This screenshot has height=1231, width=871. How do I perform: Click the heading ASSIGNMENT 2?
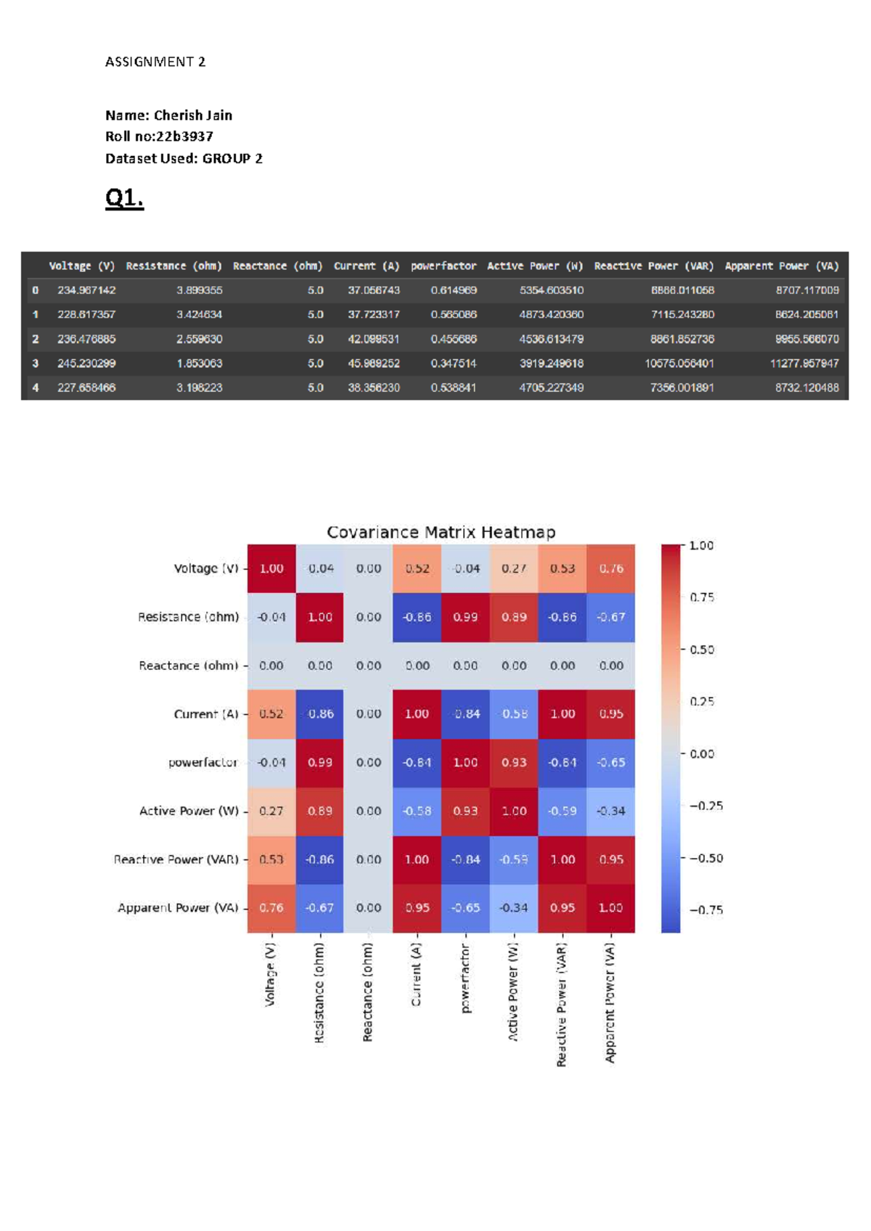tap(155, 62)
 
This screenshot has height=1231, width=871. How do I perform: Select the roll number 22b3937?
tap(185, 136)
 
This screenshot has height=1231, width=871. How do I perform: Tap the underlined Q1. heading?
tap(125, 197)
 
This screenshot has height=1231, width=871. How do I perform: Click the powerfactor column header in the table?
tap(443, 266)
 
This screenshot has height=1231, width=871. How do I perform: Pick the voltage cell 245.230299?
tap(86, 363)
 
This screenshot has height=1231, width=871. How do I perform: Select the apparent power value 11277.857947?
tap(804, 363)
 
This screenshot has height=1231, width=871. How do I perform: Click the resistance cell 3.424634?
tap(199, 314)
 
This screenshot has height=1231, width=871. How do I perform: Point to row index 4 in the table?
tap(35, 388)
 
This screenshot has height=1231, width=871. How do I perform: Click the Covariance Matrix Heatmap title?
tap(441, 532)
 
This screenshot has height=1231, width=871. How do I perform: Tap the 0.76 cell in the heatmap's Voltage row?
tap(611, 568)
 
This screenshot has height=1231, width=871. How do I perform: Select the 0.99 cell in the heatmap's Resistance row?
tap(465, 617)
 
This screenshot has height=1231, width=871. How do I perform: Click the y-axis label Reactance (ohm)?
tap(189, 666)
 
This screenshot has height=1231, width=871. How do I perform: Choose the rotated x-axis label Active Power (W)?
tap(513, 993)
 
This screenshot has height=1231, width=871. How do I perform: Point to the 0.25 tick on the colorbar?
tap(702, 701)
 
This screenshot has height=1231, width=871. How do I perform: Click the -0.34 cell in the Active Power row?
tap(611, 811)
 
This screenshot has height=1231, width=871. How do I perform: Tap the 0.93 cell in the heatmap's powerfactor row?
tap(514, 762)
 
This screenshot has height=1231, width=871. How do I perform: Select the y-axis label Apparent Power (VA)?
tap(178, 907)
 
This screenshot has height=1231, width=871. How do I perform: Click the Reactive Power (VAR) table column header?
tap(653, 266)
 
